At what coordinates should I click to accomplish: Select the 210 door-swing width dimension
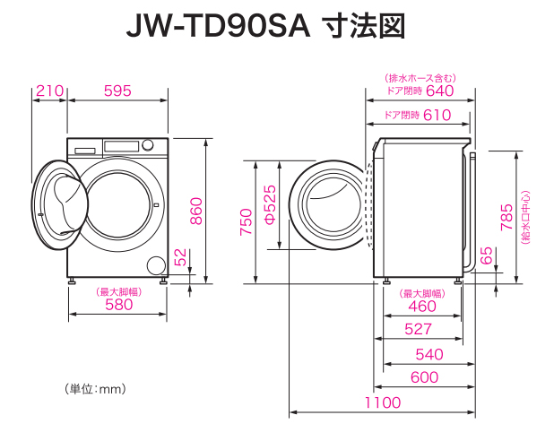49,91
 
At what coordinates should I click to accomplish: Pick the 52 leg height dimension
182,258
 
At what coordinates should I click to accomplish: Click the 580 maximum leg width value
117,305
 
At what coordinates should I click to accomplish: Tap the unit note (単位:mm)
94,389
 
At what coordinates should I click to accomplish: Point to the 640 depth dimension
439,91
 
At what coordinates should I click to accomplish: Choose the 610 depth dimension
437,115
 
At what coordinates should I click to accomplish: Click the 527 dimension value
419,330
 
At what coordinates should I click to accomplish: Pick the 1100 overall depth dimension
383,402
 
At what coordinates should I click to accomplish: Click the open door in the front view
59,202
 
